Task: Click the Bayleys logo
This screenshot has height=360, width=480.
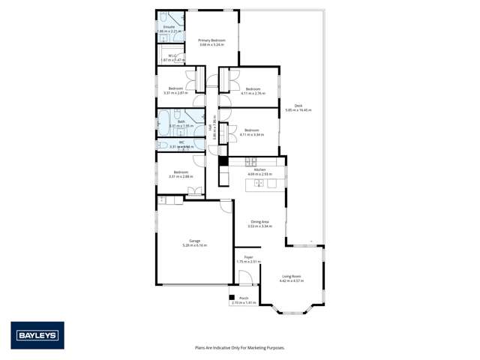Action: (37, 335)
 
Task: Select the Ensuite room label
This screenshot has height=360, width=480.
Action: (169, 27)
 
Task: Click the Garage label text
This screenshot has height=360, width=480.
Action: (194, 240)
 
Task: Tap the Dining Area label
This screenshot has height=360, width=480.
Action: (259, 221)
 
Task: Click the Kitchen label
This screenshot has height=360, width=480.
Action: (259, 170)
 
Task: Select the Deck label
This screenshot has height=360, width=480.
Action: (298, 105)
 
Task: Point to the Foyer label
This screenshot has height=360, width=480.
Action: (247, 256)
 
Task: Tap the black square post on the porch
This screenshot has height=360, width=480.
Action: (232, 297)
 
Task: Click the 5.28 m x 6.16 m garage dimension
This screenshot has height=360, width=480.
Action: (194, 245)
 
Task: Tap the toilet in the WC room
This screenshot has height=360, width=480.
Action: (163, 145)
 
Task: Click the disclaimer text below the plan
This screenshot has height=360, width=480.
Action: (239, 347)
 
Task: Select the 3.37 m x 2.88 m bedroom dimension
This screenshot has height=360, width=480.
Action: (180, 177)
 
